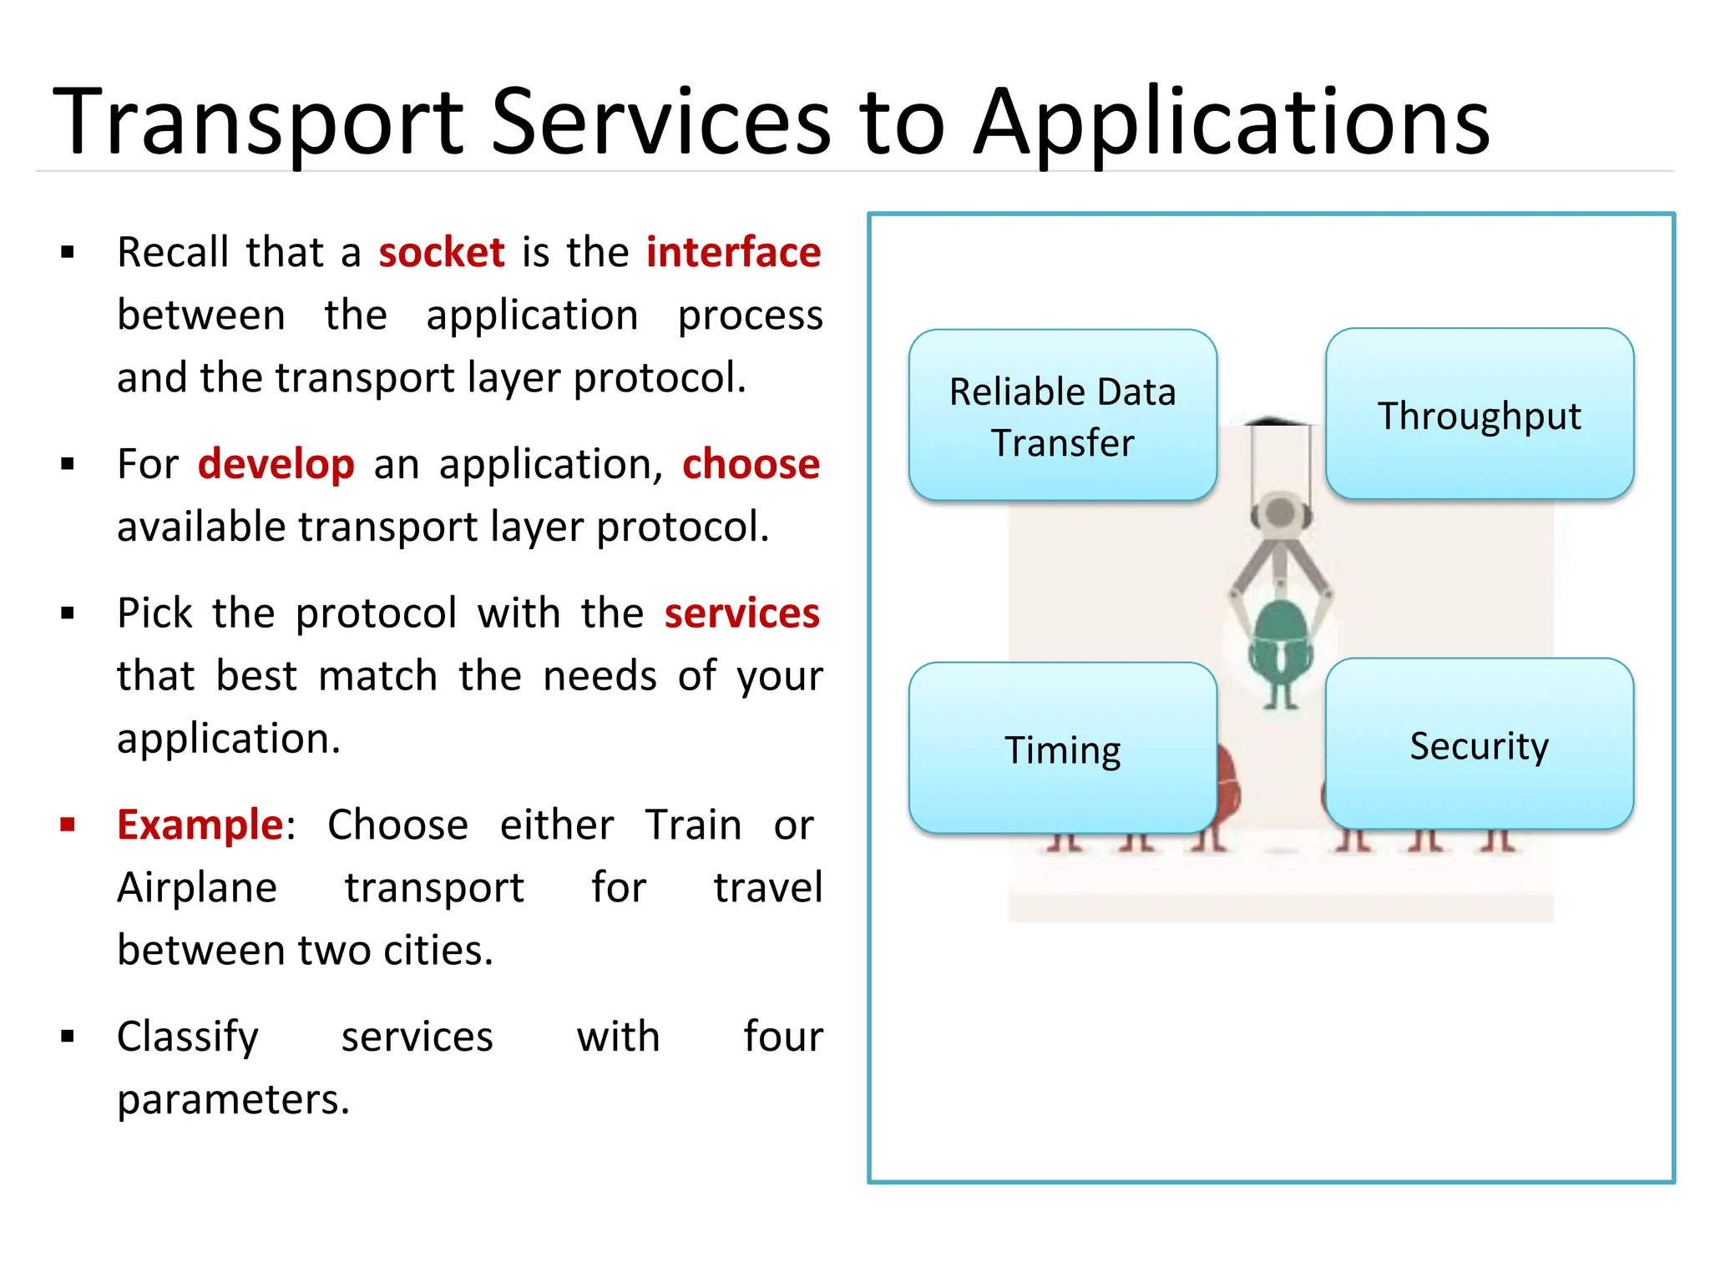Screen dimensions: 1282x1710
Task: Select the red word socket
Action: tap(441, 252)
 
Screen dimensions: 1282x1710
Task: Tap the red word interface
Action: tap(733, 252)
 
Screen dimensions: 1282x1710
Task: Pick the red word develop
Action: tap(276, 464)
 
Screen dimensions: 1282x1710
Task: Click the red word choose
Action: tap(751, 464)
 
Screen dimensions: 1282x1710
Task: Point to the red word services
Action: tap(741, 613)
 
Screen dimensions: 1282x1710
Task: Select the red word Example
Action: tap(200, 825)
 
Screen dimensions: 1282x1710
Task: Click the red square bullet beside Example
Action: tap(68, 825)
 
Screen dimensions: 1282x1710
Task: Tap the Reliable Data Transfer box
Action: tap(1062, 416)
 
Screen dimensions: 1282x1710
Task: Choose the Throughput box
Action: tap(1479, 415)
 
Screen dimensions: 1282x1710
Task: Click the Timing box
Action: tap(1062, 749)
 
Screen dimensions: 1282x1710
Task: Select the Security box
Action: tap(1479, 744)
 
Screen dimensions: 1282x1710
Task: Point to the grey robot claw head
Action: tap(1279, 516)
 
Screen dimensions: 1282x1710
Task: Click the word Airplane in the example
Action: tap(197, 887)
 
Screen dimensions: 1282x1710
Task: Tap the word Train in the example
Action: tap(693, 825)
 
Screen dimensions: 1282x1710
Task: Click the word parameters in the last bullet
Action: tap(232, 1099)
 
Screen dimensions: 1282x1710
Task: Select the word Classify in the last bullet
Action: tap(188, 1037)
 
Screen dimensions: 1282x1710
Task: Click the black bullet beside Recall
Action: tap(68, 252)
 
